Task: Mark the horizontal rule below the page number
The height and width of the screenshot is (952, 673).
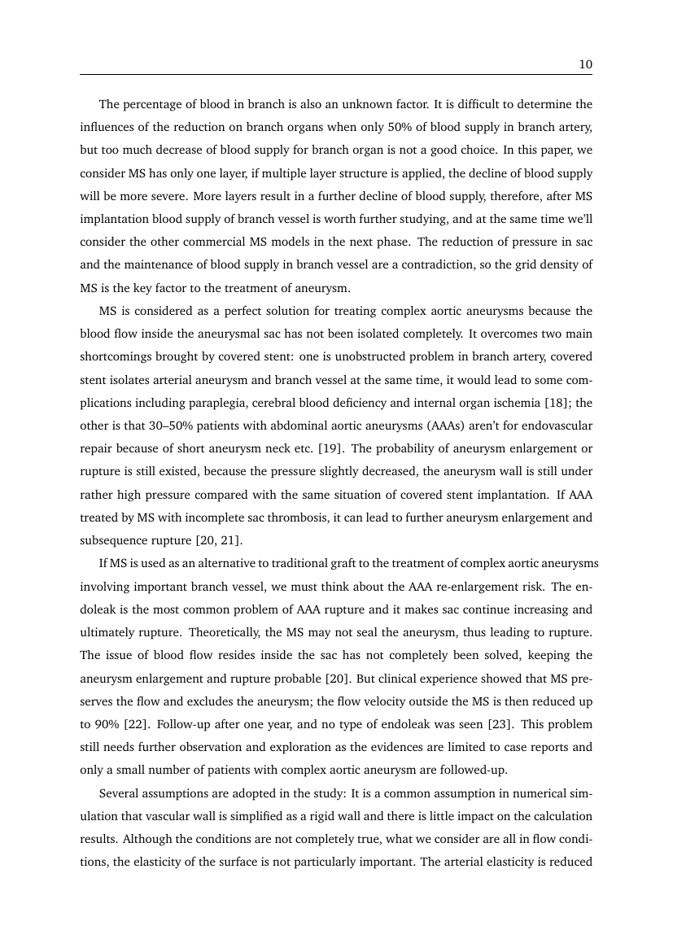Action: (x=335, y=76)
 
